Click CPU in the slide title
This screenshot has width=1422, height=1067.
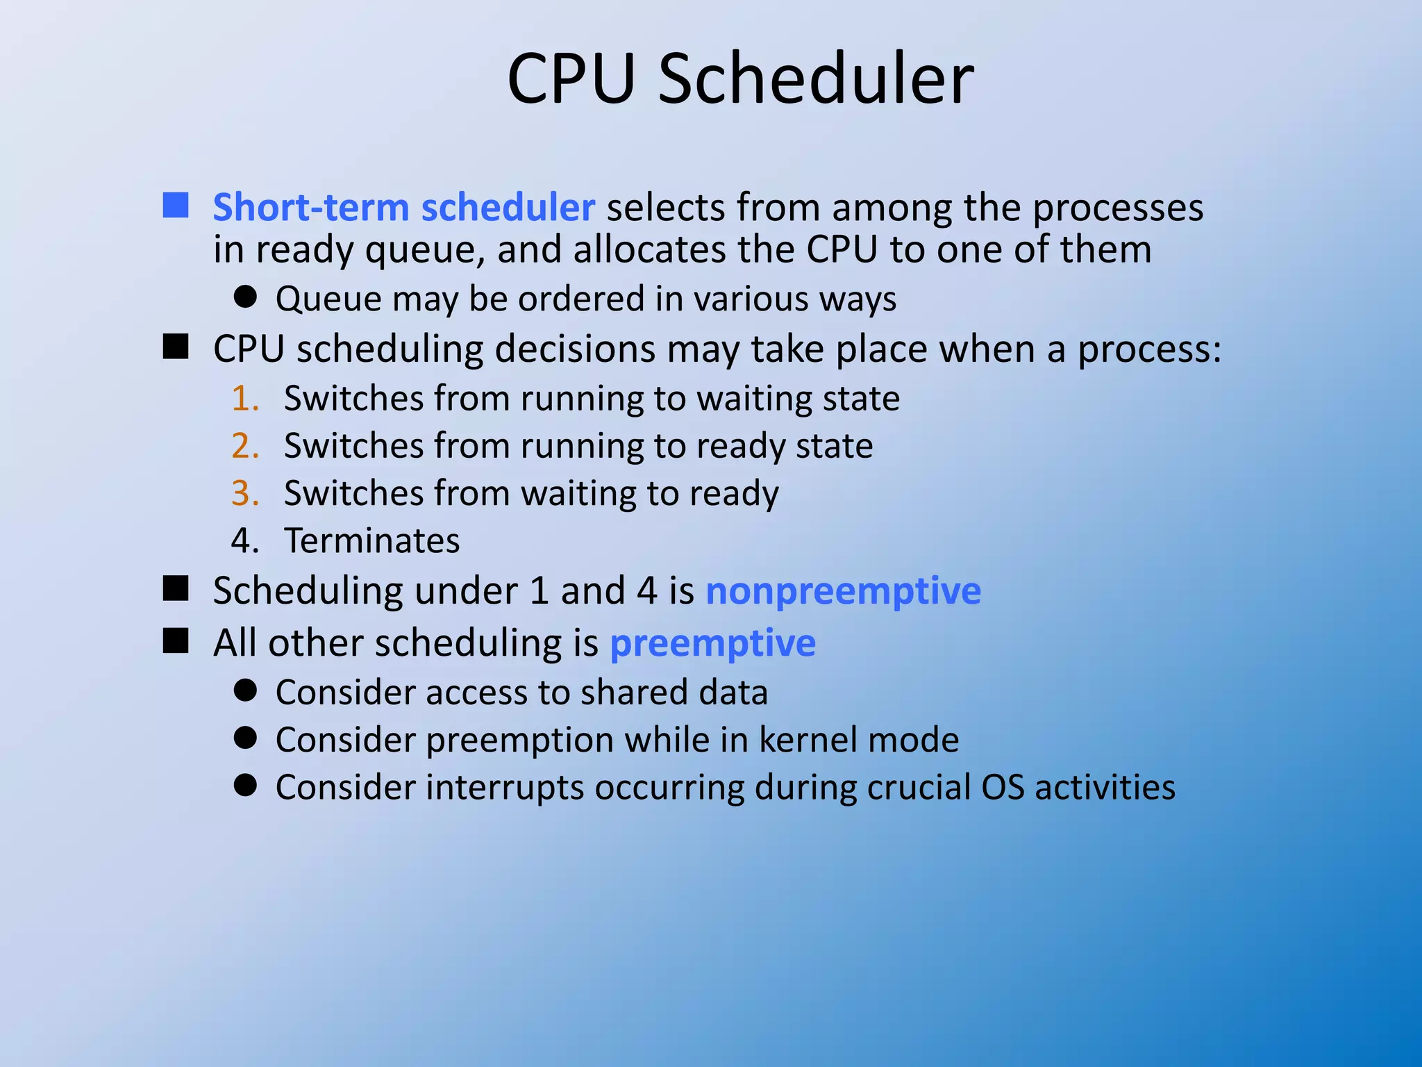click(571, 78)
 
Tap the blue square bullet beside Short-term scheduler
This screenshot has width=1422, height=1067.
click(176, 206)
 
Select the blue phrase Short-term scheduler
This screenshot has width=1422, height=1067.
click(403, 207)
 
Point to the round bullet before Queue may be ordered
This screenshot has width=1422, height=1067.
click(245, 297)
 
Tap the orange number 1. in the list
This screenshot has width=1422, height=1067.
click(245, 399)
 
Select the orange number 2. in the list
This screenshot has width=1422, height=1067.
click(245, 446)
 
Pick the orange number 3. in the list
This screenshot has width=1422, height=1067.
click(245, 493)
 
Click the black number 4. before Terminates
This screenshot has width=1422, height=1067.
click(245, 540)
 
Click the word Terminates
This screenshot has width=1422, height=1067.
click(371, 540)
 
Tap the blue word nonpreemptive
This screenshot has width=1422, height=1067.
click(843, 591)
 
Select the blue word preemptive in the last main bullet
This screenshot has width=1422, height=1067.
click(712, 643)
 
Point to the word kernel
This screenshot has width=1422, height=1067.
click(804, 740)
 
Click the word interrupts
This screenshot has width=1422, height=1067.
click(505, 788)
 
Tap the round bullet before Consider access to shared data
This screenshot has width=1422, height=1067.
click(245, 690)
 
